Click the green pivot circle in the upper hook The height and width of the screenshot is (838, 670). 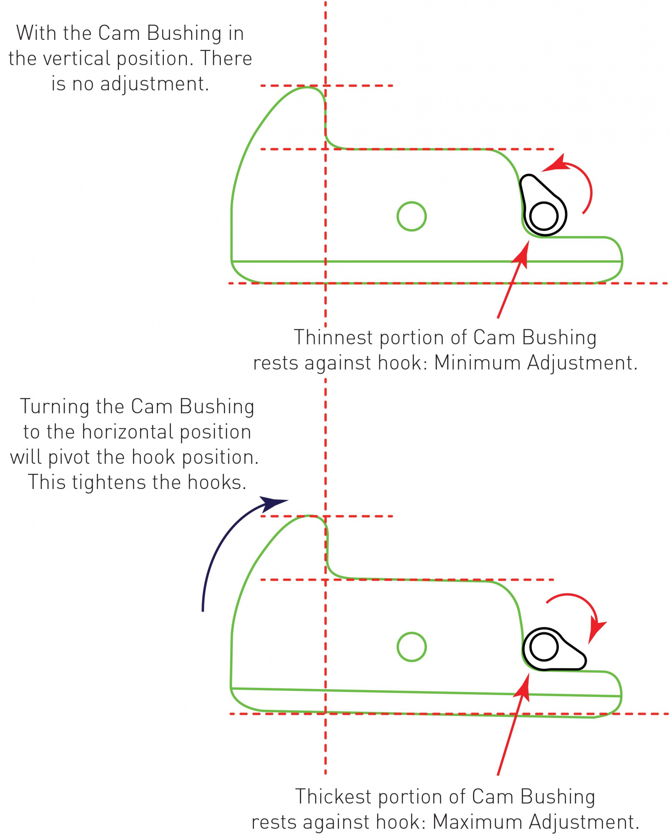click(x=411, y=216)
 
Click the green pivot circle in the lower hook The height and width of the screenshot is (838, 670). click(x=411, y=647)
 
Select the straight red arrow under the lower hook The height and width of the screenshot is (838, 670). click(x=512, y=725)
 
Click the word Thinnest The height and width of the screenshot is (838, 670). click(x=333, y=338)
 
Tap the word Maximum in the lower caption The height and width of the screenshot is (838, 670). click(x=477, y=822)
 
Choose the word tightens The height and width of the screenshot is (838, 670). click(x=110, y=482)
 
